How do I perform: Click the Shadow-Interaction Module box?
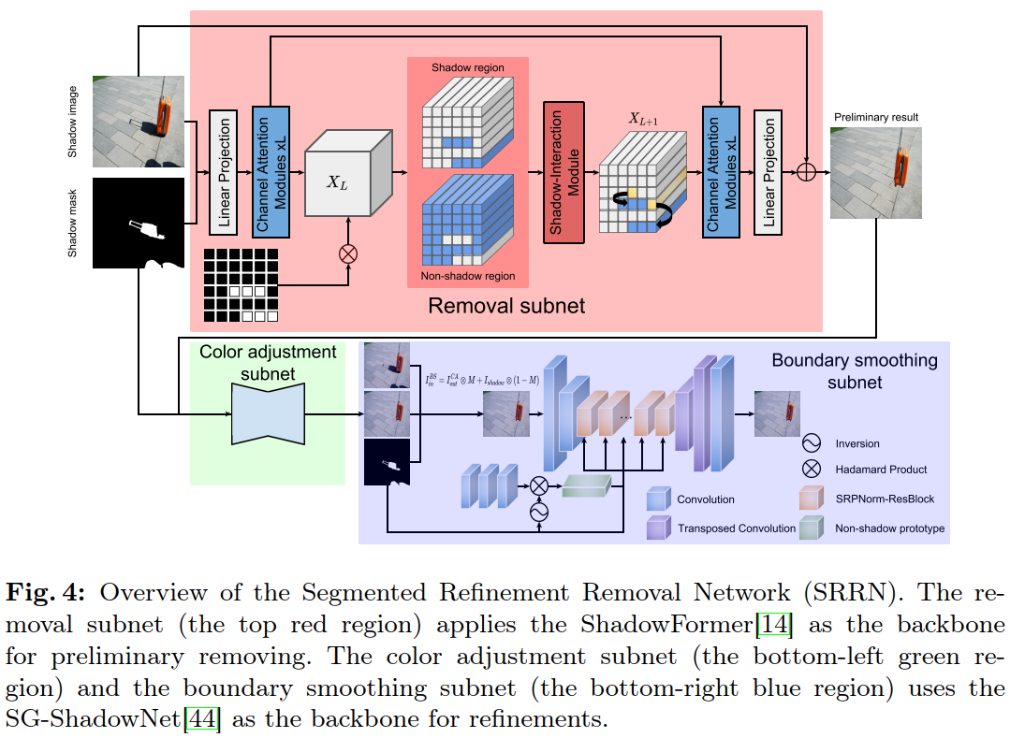pyautogui.click(x=563, y=172)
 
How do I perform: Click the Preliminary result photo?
pyautogui.click(x=868, y=173)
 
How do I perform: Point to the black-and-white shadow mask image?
pyautogui.click(x=139, y=222)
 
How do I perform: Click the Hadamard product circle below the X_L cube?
pyautogui.click(x=348, y=253)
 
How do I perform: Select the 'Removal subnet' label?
pyautogui.click(x=505, y=305)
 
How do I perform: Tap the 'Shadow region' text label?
pyautogui.click(x=467, y=68)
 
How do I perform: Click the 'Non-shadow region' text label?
pyautogui.click(x=467, y=276)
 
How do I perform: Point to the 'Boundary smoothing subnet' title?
pyautogui.click(x=854, y=370)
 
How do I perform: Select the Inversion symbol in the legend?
pyautogui.click(x=811, y=443)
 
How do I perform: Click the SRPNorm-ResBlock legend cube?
pyautogui.click(x=811, y=499)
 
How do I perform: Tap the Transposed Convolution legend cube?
pyautogui.click(x=658, y=528)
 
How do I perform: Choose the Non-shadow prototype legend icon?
pyautogui.click(x=811, y=528)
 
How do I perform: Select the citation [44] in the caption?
pyautogui.click(x=202, y=720)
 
